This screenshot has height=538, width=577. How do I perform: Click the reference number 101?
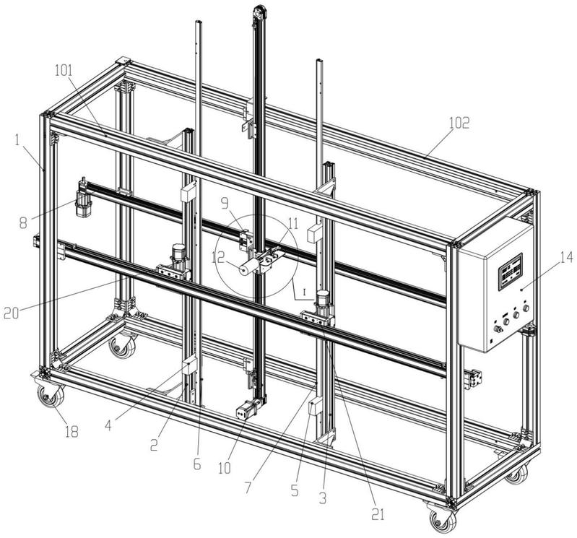click(x=64, y=71)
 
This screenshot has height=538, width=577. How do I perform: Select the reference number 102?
click(x=459, y=123)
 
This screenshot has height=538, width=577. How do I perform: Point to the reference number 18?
click(x=71, y=431)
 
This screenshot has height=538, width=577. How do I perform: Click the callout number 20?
click(x=11, y=313)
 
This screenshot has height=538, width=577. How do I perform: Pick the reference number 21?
click(x=378, y=514)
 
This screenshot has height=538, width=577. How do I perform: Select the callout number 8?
click(x=23, y=222)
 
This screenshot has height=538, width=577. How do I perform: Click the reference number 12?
click(x=218, y=258)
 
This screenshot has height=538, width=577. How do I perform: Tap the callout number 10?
click(x=225, y=468)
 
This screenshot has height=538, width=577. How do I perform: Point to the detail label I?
click(x=304, y=292)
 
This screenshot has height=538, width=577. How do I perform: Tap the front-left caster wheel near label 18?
click(x=51, y=395)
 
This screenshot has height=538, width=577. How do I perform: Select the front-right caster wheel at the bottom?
click(x=443, y=519)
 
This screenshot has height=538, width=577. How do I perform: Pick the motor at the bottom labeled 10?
click(x=247, y=409)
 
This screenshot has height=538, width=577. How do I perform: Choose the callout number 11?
click(x=293, y=224)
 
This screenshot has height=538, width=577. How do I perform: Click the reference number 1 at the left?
click(x=18, y=141)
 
